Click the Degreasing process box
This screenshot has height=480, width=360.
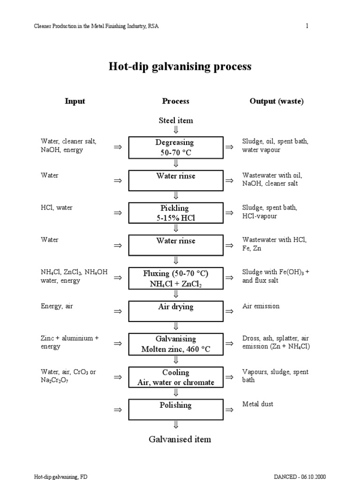pos(176,147)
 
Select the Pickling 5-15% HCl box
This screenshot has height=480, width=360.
pos(176,212)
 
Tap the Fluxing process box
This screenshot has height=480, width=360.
pos(176,278)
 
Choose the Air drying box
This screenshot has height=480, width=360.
pos(176,311)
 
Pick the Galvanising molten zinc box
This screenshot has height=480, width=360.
pos(176,344)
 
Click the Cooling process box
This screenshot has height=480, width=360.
pos(176,377)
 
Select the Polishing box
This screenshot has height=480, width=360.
pos(176,409)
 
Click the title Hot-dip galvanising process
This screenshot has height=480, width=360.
pos(180,67)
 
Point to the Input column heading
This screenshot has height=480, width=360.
pos(75,101)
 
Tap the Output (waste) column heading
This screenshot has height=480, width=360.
pos(277,101)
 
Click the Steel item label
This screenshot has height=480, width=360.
pos(176,120)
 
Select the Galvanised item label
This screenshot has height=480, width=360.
pos(180,439)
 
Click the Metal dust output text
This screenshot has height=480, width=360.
pos(257,404)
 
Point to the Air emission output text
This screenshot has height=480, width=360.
pos(261,306)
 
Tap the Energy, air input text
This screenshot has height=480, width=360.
pos(57,306)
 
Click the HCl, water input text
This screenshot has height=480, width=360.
pos(57,208)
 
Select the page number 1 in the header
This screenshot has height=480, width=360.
pos(307,26)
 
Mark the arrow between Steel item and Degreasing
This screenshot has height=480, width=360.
pos(176,129)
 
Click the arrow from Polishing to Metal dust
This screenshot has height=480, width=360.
pos(230,410)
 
